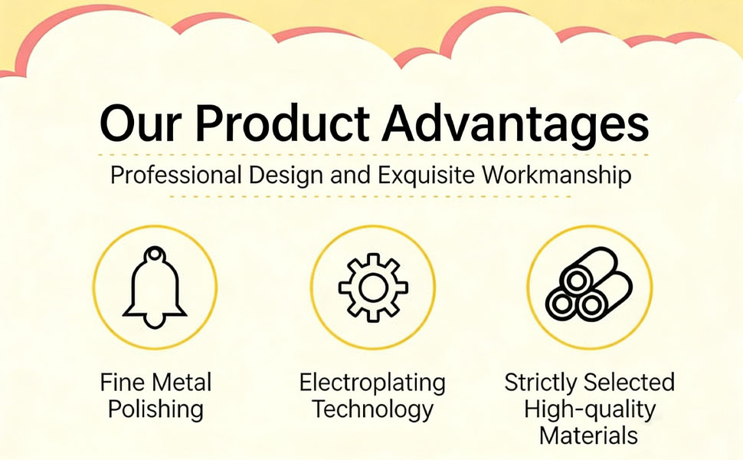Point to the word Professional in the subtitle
[x=176, y=175]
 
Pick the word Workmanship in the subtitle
[x=557, y=175]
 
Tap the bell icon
[x=155, y=287]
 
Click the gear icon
[x=373, y=287]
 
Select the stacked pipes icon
[x=589, y=284]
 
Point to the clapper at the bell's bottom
[x=155, y=323]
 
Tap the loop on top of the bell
[x=154, y=255]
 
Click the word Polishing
[x=155, y=409]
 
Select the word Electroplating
[x=372, y=383]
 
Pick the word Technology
[x=372, y=409]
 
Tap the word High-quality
[x=590, y=409]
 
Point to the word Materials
[x=588, y=435]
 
